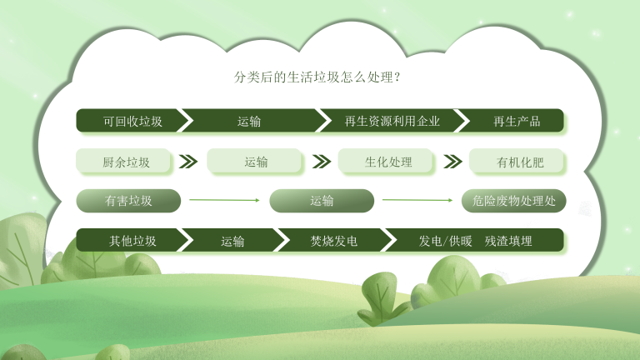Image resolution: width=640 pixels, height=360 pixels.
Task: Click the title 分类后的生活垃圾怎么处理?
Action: click(x=317, y=77)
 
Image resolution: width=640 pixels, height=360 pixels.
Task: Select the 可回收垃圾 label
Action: click(x=132, y=121)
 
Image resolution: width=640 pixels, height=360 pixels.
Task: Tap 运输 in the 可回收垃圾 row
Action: click(x=249, y=121)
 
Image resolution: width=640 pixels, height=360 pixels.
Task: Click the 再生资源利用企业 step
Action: click(x=392, y=121)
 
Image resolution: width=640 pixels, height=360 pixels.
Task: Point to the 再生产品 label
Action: click(x=517, y=121)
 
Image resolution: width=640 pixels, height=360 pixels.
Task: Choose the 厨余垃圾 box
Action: click(x=123, y=162)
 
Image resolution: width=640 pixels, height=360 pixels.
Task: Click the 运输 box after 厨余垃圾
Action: click(x=254, y=162)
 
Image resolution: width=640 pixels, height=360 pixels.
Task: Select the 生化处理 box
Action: click(x=385, y=162)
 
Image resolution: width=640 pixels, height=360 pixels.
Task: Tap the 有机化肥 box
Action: click(x=517, y=162)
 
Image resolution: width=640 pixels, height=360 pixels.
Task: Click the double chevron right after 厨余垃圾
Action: click(x=188, y=162)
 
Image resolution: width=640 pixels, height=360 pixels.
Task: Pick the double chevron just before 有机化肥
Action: click(x=452, y=162)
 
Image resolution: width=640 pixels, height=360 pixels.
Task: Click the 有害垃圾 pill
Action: click(x=128, y=201)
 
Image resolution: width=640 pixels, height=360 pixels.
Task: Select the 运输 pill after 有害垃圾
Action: click(x=322, y=201)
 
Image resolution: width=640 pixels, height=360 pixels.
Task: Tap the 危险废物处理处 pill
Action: click(x=514, y=201)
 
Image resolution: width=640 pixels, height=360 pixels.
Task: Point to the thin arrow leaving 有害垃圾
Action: click(x=224, y=200)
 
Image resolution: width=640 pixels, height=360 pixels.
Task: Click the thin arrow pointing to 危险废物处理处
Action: click(x=417, y=200)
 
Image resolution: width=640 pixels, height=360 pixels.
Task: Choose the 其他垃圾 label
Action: click(x=132, y=241)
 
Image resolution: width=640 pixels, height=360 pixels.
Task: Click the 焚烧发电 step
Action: click(x=334, y=241)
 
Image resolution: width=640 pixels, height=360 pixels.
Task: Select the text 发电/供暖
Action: click(x=445, y=241)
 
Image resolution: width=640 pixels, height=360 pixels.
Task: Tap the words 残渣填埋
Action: click(x=508, y=241)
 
